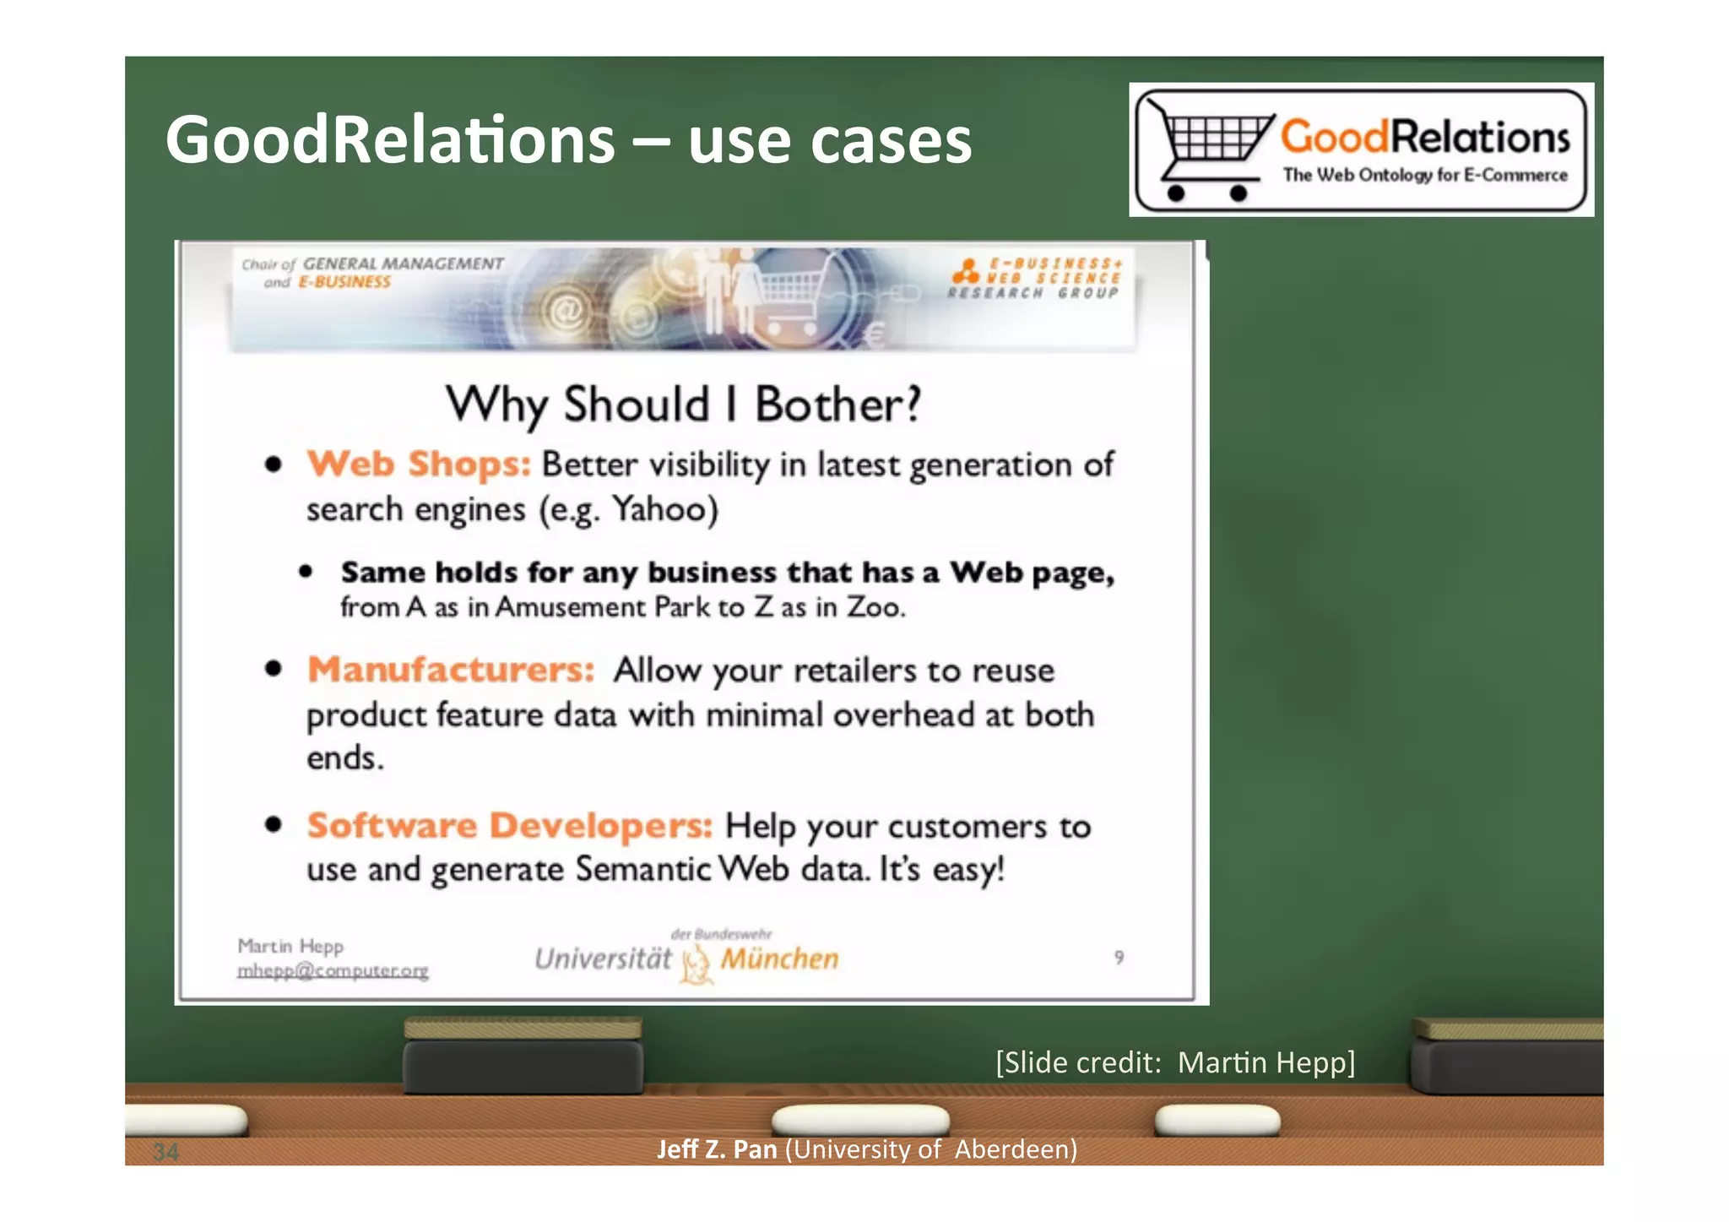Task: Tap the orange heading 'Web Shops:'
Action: coord(419,464)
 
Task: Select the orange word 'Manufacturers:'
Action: coord(451,670)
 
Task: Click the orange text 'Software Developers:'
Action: coord(510,825)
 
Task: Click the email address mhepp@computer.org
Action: coord(333,970)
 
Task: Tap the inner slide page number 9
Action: coord(1119,957)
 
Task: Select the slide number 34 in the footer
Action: coord(166,1151)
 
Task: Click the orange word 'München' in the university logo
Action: coord(779,959)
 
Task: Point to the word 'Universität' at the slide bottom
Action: coord(604,959)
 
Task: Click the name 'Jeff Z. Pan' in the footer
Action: coord(717,1149)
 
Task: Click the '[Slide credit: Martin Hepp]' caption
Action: coord(1175,1062)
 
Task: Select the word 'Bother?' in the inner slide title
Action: coord(837,405)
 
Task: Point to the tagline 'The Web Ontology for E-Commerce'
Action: coord(1425,175)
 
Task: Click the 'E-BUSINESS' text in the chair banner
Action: coord(344,282)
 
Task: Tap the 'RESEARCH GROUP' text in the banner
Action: coord(1033,293)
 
